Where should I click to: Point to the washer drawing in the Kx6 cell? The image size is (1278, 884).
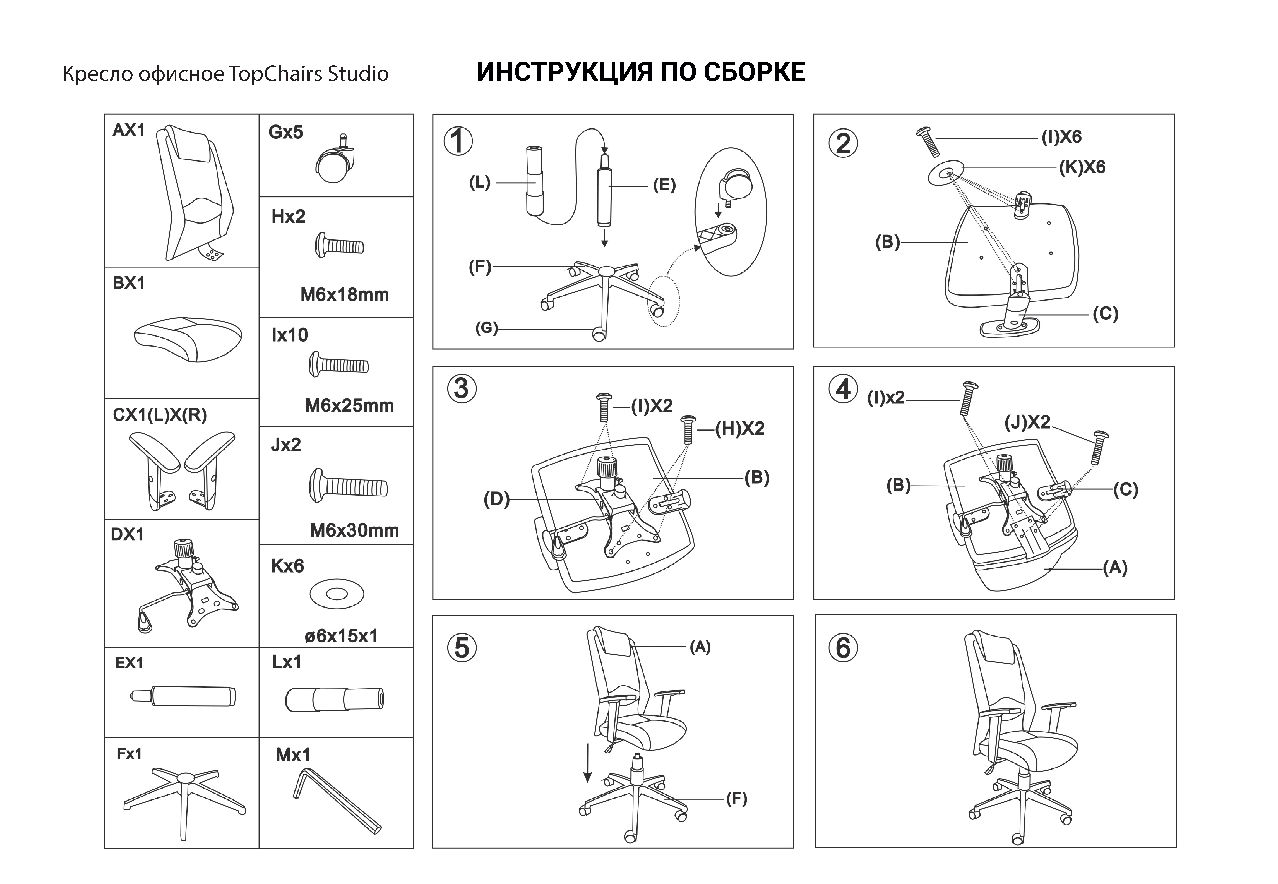[336, 594]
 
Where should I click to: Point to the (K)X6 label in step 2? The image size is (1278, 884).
[1082, 167]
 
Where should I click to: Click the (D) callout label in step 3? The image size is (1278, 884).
[496, 500]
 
